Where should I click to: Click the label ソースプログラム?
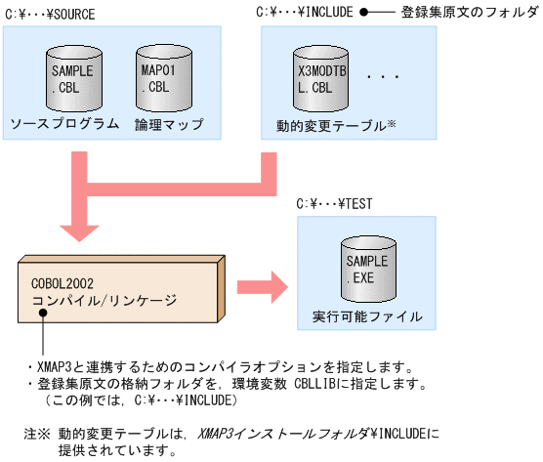[64, 124]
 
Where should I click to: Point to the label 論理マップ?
[168, 124]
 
